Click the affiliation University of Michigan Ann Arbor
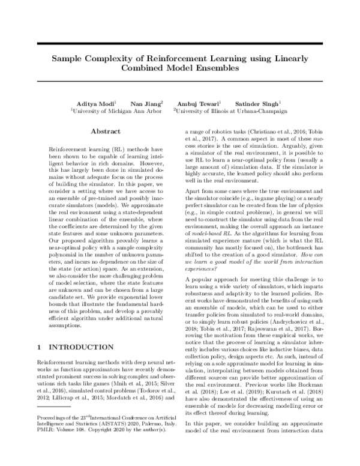[x=108, y=111]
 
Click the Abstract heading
[x=106, y=131]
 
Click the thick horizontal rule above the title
[x=180, y=44]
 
